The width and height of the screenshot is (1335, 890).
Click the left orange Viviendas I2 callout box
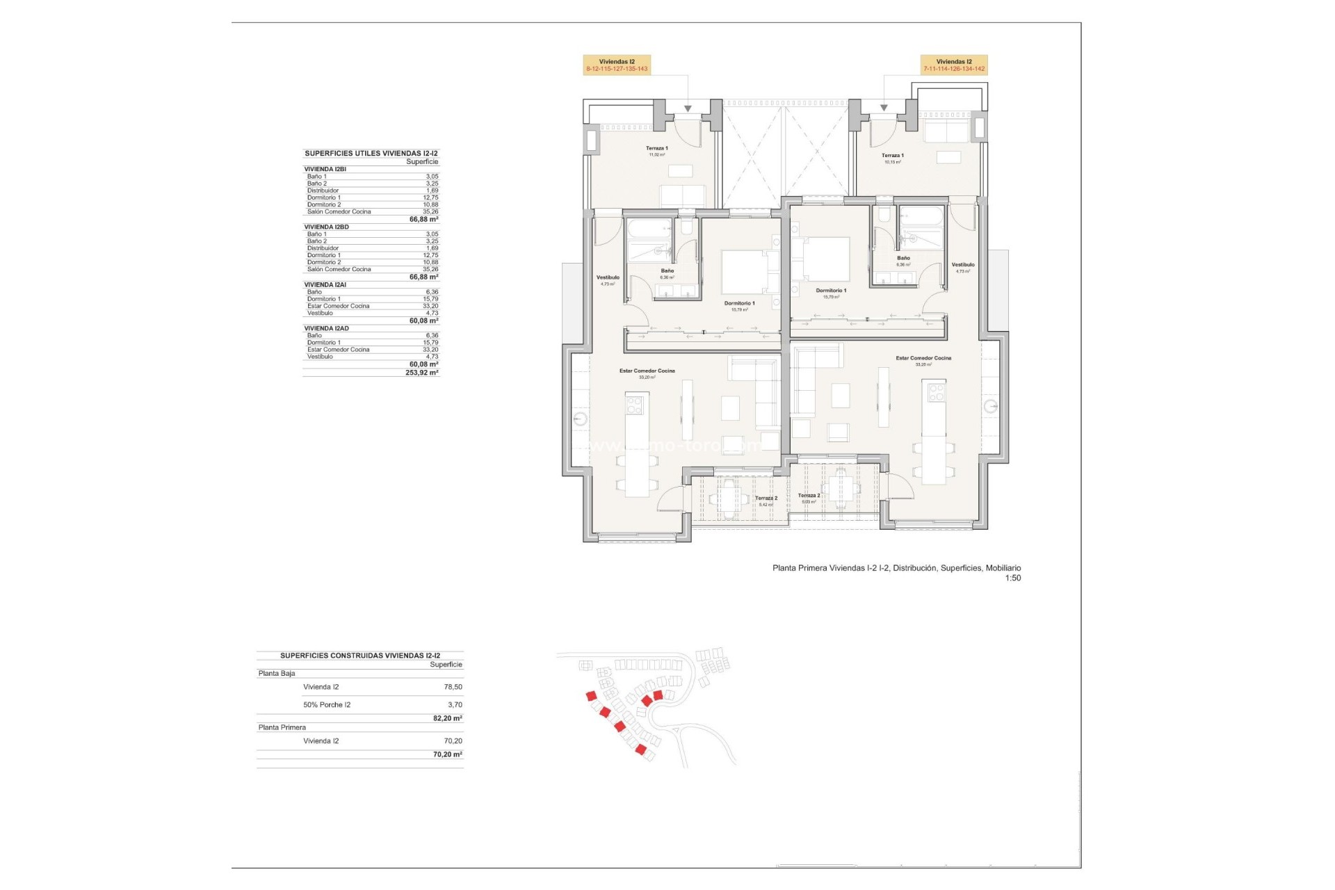[x=616, y=65]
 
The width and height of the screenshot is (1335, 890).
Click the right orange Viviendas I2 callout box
[x=954, y=65]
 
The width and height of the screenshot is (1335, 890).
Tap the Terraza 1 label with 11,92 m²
[x=656, y=149]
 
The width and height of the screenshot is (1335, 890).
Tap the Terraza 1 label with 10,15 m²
[x=892, y=156]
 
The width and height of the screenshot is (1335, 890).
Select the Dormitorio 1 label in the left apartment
[x=739, y=304]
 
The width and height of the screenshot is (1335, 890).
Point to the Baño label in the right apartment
[x=903, y=259]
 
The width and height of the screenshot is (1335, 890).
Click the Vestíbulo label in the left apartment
[x=608, y=278]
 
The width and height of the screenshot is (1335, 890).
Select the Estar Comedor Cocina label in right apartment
[x=923, y=359]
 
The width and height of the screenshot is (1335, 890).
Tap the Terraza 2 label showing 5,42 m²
[x=766, y=499]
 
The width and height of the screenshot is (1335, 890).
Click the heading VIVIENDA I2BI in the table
[x=325, y=169]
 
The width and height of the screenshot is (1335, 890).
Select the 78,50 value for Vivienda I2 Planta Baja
[x=453, y=687]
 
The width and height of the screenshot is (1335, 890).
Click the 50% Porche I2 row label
[x=327, y=705]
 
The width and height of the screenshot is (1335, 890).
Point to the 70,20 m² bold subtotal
[x=447, y=754]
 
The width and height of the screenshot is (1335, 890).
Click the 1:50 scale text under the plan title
[x=1012, y=578]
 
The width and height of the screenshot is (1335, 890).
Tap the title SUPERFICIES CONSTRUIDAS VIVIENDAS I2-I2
[x=359, y=656]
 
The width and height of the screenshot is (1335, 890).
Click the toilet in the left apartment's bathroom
[x=686, y=227]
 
